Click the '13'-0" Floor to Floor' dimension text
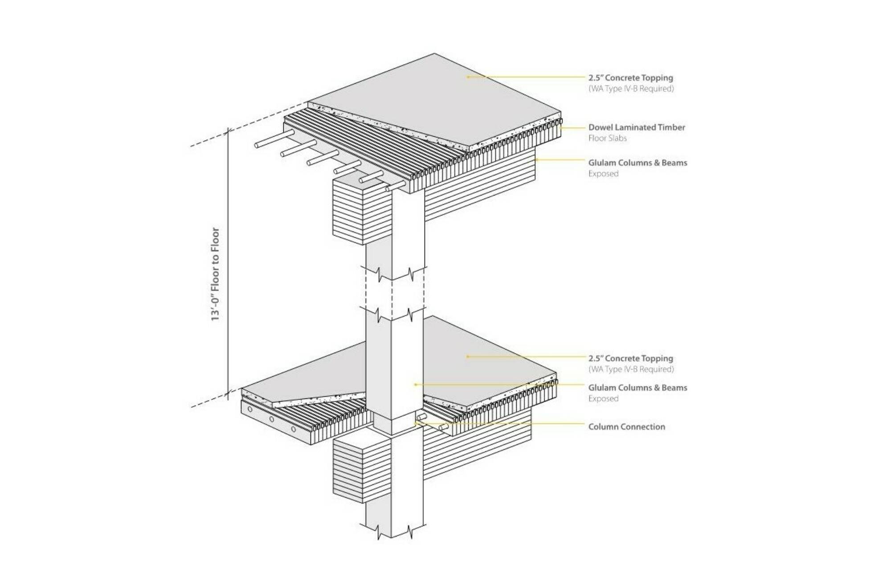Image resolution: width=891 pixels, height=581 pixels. pyautogui.click(x=215, y=274)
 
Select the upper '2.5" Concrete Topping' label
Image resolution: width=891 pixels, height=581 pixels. pyautogui.click(x=630, y=77)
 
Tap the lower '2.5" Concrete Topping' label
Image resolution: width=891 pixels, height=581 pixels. pyautogui.click(x=630, y=358)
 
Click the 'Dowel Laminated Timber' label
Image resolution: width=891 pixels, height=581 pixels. pyautogui.click(x=636, y=127)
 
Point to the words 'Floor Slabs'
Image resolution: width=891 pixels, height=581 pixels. pyautogui.click(x=607, y=138)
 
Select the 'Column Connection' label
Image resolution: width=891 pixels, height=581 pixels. pyautogui.click(x=626, y=427)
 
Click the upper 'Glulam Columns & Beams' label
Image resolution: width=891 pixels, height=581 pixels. pyautogui.click(x=638, y=163)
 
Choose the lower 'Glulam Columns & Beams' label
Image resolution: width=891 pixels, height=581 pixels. pyautogui.click(x=638, y=387)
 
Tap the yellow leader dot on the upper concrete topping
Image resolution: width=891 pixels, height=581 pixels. pyautogui.click(x=468, y=77)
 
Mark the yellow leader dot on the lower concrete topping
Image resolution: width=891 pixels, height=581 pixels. pyautogui.click(x=467, y=357)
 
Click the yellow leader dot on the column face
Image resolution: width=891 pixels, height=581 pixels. pyautogui.click(x=415, y=384)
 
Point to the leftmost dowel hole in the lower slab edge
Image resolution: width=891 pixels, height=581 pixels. pyautogui.click(x=250, y=409)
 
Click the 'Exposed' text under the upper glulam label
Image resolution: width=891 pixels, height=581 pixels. pyautogui.click(x=603, y=174)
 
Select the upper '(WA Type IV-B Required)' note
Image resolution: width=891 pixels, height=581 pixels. pyautogui.click(x=631, y=89)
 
